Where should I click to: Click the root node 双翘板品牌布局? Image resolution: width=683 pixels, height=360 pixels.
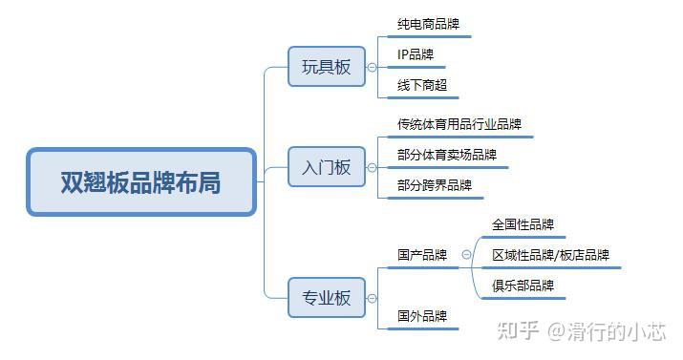point(141,181)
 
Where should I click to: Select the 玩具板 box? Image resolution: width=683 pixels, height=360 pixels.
point(327,67)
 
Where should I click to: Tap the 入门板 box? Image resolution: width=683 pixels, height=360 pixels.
point(327,167)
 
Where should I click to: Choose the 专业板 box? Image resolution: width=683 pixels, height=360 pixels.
point(327,297)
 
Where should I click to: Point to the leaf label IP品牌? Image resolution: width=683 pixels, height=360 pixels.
point(416,54)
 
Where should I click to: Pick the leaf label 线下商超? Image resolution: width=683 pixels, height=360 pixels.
point(422,85)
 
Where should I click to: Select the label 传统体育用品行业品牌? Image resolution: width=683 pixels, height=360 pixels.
point(459,124)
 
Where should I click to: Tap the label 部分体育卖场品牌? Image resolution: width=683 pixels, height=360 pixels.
point(447,155)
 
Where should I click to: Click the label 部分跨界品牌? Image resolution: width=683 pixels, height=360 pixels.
point(435,185)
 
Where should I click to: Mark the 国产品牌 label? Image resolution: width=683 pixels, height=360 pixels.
point(422,255)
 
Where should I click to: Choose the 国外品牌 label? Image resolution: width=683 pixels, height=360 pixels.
point(422,316)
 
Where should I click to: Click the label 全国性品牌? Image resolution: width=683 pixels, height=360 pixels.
point(523,225)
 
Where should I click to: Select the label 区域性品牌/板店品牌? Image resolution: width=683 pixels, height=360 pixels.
point(550,255)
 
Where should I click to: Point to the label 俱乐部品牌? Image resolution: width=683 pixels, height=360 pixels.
point(523,286)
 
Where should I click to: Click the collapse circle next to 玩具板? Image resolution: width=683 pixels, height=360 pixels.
point(372,67)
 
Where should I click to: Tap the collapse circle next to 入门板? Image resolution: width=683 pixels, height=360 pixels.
point(372,167)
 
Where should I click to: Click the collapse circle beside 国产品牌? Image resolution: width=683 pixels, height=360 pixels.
point(466,255)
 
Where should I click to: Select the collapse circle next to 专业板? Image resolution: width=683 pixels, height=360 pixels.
point(372,297)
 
